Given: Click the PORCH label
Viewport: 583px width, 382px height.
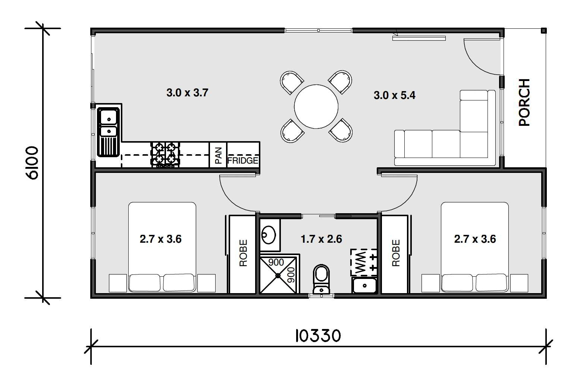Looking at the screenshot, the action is [x=524, y=102].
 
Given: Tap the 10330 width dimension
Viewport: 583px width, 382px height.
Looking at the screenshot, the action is [x=318, y=336].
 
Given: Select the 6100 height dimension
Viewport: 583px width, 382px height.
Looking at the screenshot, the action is [x=32, y=162].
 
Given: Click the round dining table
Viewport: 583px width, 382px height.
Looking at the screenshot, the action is [x=316, y=106].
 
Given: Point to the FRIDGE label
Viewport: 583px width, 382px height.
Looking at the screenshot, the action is [x=243, y=161].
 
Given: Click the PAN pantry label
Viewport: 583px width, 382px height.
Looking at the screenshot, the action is [x=219, y=155].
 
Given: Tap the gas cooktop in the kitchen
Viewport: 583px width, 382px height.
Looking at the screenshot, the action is [x=166, y=155].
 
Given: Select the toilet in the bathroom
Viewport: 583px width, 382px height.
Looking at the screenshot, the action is [x=322, y=279].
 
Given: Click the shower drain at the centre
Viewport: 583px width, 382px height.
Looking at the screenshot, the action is [x=278, y=275].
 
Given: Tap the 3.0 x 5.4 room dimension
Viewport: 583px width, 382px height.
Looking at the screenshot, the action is [x=395, y=95].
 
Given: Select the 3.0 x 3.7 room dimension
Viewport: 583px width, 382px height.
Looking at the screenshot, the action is [x=187, y=93].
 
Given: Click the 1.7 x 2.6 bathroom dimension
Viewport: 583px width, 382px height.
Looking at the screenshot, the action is [x=322, y=239].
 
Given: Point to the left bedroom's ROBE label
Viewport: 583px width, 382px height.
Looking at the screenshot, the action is [x=243, y=253].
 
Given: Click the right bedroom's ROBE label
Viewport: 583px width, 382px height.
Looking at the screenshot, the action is [x=396, y=253].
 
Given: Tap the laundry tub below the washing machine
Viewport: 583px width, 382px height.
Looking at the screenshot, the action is [x=364, y=286].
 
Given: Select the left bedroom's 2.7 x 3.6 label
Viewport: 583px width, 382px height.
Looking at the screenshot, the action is [x=161, y=239].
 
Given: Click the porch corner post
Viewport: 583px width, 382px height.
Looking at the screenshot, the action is [x=544, y=31].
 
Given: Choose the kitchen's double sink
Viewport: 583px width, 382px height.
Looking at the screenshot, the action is [x=109, y=132].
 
